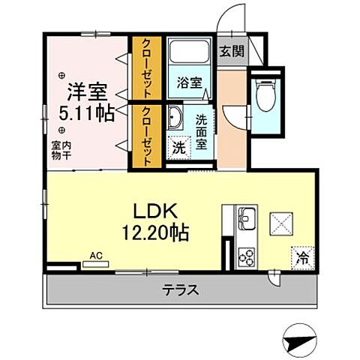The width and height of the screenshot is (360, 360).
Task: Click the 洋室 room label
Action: (88, 92)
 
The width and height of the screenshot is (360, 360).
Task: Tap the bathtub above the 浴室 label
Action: (189, 55)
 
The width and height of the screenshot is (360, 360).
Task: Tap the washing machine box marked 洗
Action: (180, 148)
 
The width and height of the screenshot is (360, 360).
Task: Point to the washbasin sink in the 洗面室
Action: (175, 118)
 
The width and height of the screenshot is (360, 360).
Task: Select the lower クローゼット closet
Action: (146, 136)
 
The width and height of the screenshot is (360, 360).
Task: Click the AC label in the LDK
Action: (95, 255)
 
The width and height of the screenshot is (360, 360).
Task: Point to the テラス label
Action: (181, 290)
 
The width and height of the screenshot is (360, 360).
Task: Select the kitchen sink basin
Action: (245, 221)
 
